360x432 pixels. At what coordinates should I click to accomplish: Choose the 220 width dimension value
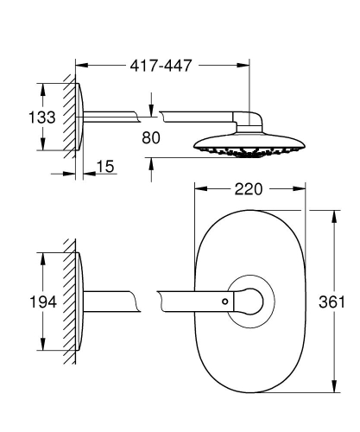pos(249,189)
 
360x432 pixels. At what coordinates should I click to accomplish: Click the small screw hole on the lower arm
pos(225,301)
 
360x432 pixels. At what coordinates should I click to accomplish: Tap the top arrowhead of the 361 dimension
pos(334,213)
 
